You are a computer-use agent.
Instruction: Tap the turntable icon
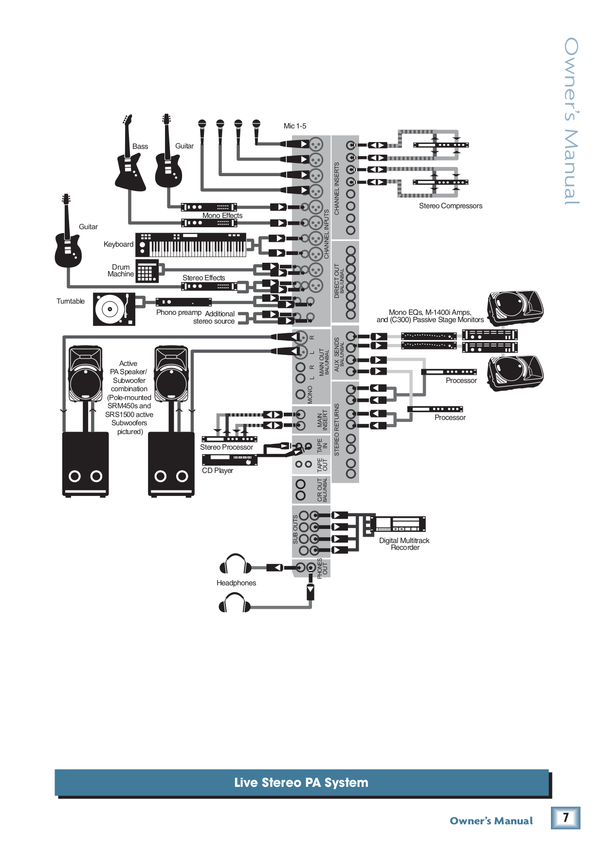(114, 309)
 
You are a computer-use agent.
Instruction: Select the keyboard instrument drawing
(191, 245)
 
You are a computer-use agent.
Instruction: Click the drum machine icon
(147, 271)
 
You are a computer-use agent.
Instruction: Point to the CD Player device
(229, 460)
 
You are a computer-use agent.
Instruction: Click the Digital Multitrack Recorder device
(398, 524)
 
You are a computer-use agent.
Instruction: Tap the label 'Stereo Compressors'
(450, 206)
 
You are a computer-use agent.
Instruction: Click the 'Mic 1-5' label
(295, 126)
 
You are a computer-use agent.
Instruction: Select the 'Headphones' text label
(236, 583)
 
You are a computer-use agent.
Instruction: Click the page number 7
(566, 818)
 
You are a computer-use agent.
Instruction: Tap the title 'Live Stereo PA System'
(301, 782)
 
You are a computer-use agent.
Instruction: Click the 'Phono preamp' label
(179, 312)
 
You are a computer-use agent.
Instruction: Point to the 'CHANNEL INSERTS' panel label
(336, 189)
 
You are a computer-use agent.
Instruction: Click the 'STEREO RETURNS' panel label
(336, 430)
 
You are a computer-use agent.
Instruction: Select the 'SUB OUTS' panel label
(295, 529)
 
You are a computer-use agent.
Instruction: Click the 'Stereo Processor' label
(226, 447)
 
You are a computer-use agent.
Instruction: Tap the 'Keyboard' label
(118, 244)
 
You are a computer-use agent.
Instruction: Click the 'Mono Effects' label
(222, 216)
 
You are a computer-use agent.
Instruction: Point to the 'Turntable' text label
(71, 301)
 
